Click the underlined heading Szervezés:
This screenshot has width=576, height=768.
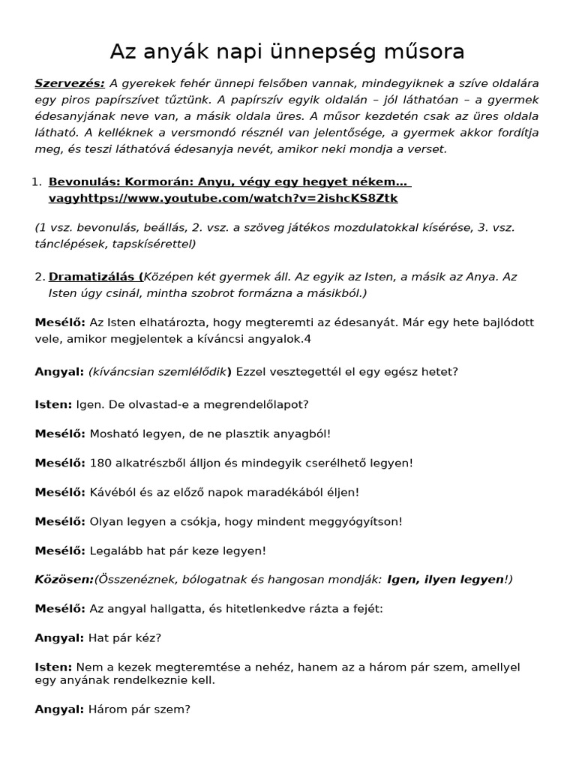(70, 83)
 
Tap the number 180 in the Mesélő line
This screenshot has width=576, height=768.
(100, 463)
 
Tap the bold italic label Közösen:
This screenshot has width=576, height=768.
(64, 580)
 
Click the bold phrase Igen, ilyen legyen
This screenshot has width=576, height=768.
(445, 580)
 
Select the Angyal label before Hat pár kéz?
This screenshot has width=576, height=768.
(59, 638)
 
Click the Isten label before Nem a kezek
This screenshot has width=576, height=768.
(53, 667)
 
